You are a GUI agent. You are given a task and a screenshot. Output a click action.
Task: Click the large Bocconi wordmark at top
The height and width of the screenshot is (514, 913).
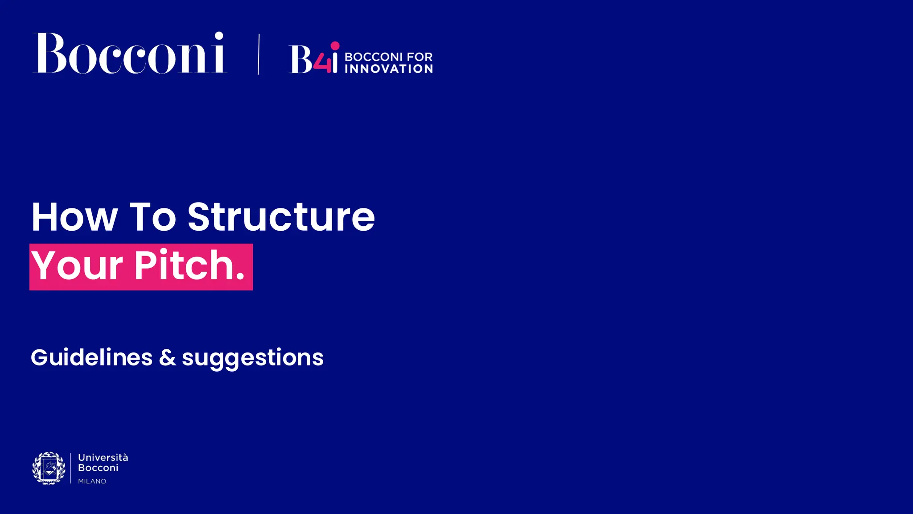pyautogui.click(x=129, y=54)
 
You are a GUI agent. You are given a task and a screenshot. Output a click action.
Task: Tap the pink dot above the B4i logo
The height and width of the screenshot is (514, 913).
pyautogui.click(x=335, y=46)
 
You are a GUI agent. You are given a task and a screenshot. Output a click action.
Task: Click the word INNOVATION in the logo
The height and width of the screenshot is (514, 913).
pyautogui.click(x=388, y=69)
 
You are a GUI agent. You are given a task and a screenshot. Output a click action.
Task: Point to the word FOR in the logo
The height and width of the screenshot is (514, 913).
pyautogui.click(x=419, y=57)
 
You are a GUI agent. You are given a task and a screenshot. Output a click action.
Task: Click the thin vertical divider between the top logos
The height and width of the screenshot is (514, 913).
pyautogui.click(x=259, y=54)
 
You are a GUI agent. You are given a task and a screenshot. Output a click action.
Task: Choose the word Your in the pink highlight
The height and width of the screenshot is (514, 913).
pyautogui.click(x=77, y=266)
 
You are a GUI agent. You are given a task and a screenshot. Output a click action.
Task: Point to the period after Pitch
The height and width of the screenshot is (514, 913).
pyautogui.click(x=240, y=277)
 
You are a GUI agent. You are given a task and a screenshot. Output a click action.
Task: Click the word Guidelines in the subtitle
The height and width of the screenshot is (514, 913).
pyautogui.click(x=91, y=357)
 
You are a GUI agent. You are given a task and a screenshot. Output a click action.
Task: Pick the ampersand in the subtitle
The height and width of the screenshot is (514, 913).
pyautogui.click(x=167, y=357)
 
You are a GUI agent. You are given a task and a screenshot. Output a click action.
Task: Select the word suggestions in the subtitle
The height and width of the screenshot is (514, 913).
pyautogui.click(x=252, y=358)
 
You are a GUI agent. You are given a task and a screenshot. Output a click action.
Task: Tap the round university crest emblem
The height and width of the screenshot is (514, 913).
pyautogui.click(x=49, y=468)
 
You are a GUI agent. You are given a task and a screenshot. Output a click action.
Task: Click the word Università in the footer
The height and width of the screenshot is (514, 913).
pyautogui.click(x=103, y=457)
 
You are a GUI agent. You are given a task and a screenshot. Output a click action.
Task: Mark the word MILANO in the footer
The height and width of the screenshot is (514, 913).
pyautogui.click(x=92, y=481)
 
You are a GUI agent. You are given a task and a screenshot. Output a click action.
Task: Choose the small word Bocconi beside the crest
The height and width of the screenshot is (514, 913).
pyautogui.click(x=98, y=468)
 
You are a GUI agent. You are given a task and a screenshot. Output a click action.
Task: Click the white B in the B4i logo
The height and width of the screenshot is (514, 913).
pyautogui.click(x=301, y=59)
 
